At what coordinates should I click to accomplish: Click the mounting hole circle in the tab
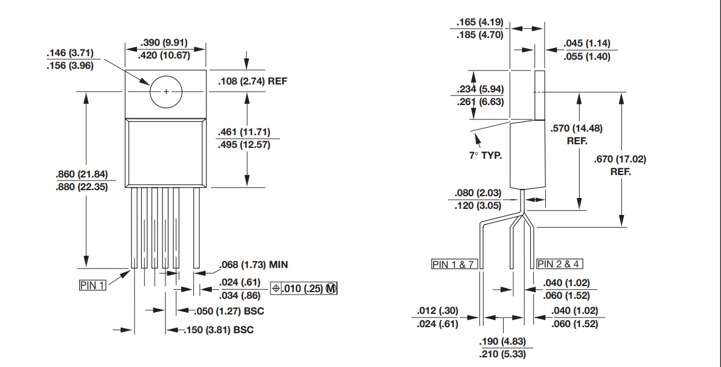coord(167,91)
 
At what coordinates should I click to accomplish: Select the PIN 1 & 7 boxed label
coord(453,264)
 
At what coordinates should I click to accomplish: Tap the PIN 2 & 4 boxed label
coord(560,264)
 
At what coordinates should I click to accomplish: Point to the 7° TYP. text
coord(486,155)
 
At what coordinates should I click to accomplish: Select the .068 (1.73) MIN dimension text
coord(253,264)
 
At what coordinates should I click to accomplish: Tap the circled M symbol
coord(331,289)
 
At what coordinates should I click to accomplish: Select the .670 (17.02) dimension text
coord(620,159)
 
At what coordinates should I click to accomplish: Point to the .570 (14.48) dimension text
coord(577,128)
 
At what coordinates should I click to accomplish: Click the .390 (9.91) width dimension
coord(164,43)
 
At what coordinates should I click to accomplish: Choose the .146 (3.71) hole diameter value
coord(69,53)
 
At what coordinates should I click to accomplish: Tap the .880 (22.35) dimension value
coord(82,187)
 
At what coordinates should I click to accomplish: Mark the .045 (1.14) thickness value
coord(586,43)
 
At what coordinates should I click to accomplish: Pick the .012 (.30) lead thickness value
coord(438,311)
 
